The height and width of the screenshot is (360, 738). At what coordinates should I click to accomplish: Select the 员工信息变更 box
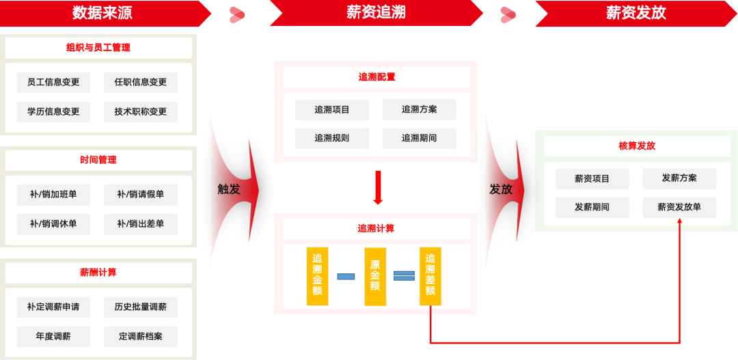(53, 82)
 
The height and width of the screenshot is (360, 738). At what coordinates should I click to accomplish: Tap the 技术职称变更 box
(141, 111)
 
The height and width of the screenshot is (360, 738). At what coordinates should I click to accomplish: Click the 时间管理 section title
(98, 160)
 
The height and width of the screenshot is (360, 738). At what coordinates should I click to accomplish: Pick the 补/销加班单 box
(53, 195)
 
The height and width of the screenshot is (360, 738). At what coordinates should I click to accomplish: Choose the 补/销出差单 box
(141, 224)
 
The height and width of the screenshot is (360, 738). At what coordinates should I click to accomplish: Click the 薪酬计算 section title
(98, 272)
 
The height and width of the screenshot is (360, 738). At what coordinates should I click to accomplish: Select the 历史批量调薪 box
(141, 307)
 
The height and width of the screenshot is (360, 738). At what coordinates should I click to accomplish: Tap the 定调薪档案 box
(141, 336)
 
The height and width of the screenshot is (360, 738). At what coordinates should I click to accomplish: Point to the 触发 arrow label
(230, 189)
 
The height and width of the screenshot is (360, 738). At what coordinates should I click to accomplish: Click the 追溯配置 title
(377, 77)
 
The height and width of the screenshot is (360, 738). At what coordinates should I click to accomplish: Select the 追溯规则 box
(332, 138)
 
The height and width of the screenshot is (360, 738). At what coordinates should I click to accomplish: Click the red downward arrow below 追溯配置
(378, 188)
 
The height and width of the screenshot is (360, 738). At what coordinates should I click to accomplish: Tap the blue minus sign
(346, 276)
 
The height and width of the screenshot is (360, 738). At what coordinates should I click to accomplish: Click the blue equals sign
(404, 276)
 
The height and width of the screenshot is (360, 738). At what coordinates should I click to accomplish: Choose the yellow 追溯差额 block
(430, 276)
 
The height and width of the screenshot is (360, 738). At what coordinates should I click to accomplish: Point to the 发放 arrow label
(501, 189)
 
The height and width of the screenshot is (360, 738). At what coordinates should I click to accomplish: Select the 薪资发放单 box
(679, 207)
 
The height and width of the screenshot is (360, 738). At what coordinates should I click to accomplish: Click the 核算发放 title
(636, 146)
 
